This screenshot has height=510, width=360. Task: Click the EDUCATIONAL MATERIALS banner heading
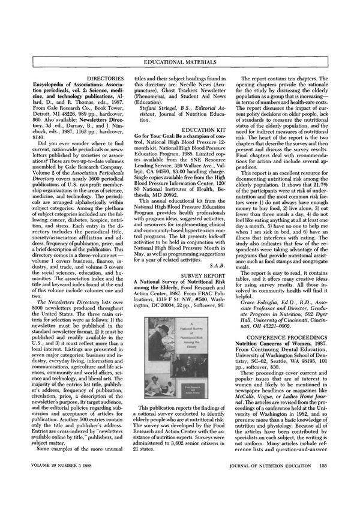pos(180,62)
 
